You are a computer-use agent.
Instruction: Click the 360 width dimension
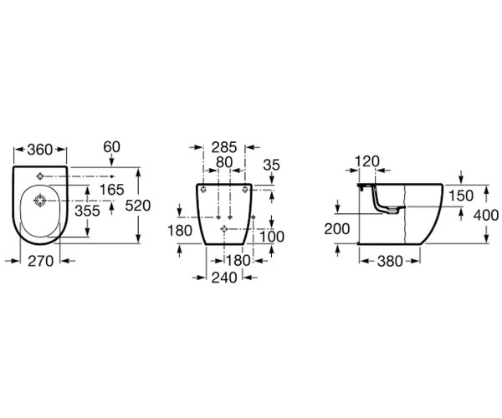(x=39, y=150)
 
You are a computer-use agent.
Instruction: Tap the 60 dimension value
(x=112, y=147)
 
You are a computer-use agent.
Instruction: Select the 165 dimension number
(x=112, y=189)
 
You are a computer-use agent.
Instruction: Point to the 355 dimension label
(x=87, y=211)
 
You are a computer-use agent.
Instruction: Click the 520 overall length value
(x=138, y=206)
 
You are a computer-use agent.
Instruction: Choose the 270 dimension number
(x=41, y=262)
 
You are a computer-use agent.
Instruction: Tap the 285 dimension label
(x=224, y=147)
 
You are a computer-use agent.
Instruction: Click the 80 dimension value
(x=224, y=162)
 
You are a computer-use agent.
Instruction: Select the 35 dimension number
(x=271, y=165)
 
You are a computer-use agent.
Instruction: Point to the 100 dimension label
(x=271, y=237)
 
